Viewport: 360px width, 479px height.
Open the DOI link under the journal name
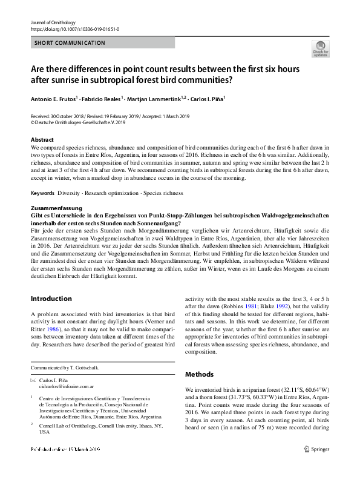coord(74,29)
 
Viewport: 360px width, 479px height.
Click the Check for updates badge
coord(319,48)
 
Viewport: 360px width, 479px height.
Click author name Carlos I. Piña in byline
coord(208,98)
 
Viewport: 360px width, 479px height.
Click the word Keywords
coord(42,193)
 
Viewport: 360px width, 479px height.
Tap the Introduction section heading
coord(51,299)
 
